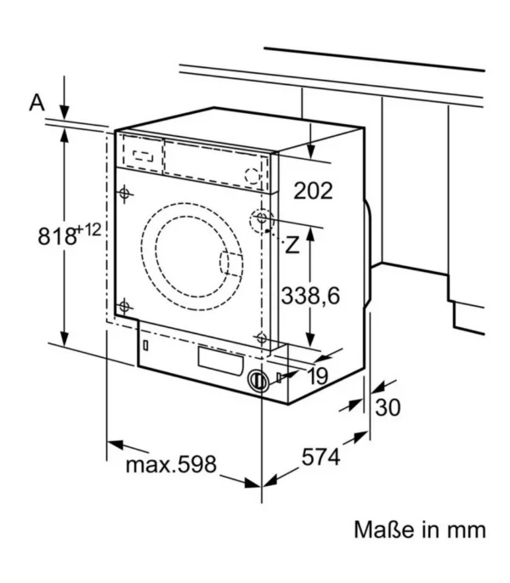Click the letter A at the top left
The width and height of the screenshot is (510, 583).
pyautogui.click(x=37, y=103)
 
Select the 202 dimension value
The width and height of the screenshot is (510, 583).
pyautogui.click(x=313, y=190)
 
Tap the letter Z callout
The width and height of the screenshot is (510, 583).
pyautogui.click(x=292, y=246)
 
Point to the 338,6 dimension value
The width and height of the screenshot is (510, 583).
pyautogui.click(x=309, y=295)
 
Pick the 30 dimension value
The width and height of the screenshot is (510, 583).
pyautogui.click(x=387, y=408)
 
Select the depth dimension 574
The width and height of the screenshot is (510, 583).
pyautogui.click(x=320, y=457)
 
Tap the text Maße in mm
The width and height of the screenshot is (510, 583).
pyautogui.click(x=420, y=530)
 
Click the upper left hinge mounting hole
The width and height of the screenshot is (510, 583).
pyautogui.click(x=125, y=194)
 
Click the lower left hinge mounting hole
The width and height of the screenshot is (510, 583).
pyautogui.click(x=125, y=307)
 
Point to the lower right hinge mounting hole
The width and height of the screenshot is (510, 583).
pyautogui.click(x=263, y=339)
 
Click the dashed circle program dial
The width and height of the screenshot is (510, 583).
pyautogui.click(x=252, y=175)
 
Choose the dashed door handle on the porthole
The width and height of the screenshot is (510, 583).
pyautogui.click(x=229, y=263)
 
